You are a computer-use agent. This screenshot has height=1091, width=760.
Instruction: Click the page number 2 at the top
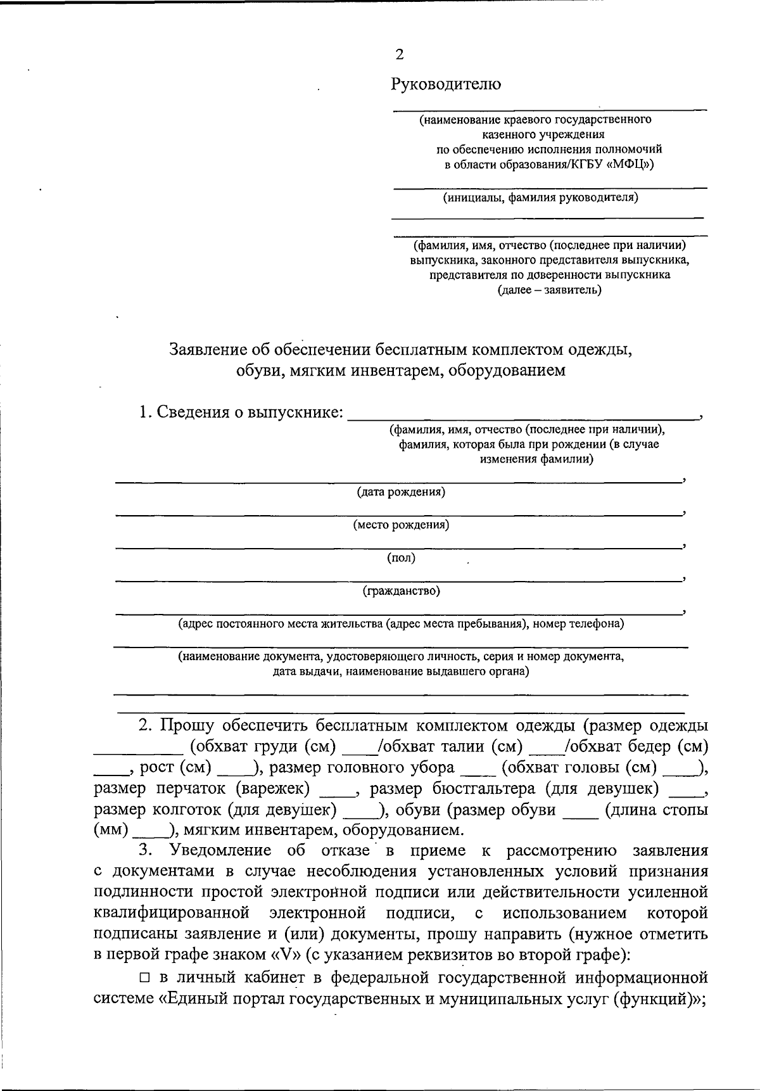coord(399,54)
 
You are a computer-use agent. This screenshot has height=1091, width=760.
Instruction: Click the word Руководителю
coord(446,84)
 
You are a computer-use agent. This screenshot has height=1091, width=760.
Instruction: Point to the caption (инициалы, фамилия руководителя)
coord(540,198)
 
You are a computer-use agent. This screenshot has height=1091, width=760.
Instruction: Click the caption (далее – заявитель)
coord(549,290)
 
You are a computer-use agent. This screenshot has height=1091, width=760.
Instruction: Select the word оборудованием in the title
coord(507,370)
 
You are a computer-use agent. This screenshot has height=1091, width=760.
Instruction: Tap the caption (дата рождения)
coord(400,492)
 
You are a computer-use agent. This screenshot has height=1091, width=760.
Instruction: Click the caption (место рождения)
coord(401,525)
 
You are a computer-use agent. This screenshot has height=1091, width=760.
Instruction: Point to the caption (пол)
coord(401,558)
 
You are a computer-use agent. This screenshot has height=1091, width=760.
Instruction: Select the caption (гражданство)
coord(401,591)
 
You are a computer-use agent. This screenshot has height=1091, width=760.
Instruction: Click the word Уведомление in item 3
coord(222,851)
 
